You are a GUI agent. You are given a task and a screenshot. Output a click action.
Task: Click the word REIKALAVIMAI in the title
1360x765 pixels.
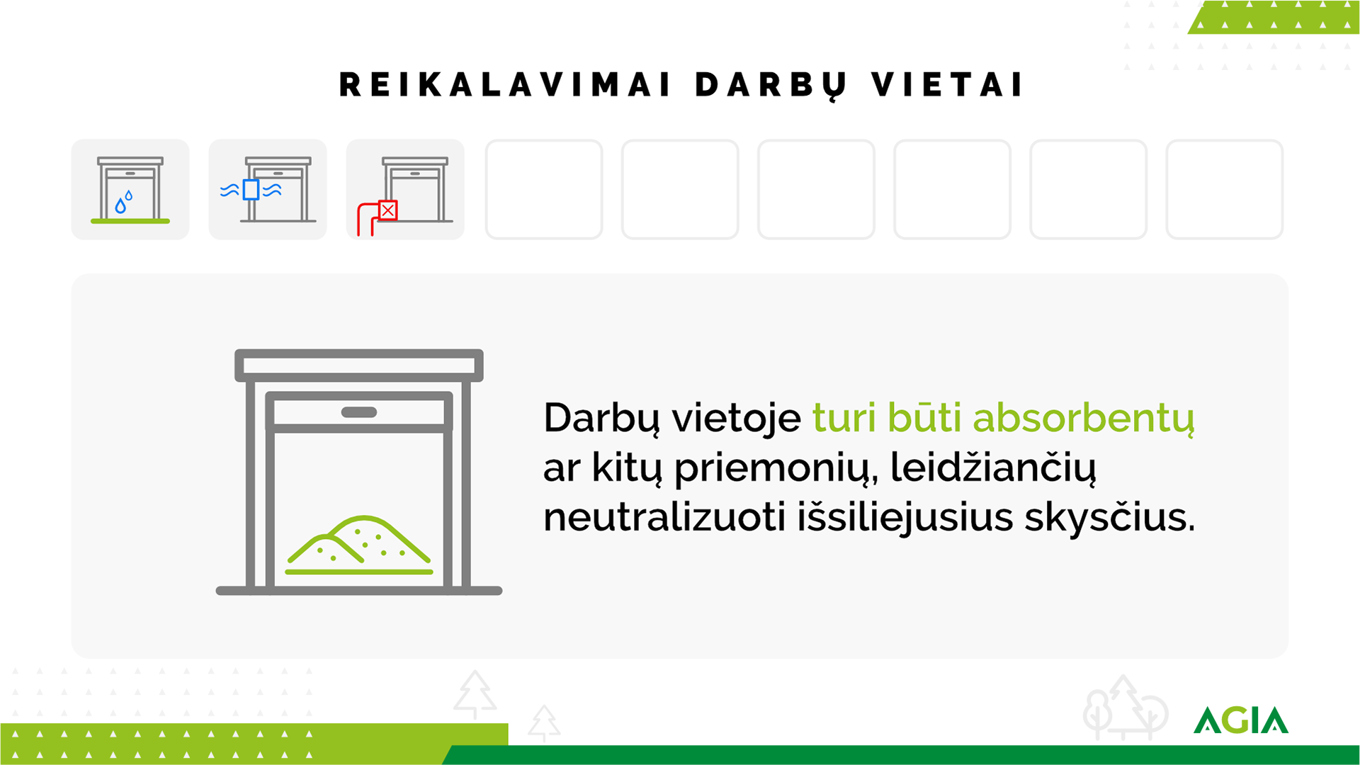(x=505, y=85)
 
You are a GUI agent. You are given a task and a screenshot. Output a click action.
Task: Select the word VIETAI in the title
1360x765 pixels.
(x=947, y=85)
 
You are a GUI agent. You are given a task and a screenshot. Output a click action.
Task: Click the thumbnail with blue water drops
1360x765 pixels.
(x=130, y=189)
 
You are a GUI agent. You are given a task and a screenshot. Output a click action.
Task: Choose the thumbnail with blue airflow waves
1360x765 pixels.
(x=268, y=189)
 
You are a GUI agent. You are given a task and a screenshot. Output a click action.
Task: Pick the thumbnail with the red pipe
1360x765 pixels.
(x=405, y=189)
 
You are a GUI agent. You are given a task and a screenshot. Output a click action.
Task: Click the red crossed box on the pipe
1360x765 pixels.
(x=388, y=210)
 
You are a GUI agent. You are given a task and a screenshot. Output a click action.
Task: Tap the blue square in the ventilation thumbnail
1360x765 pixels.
(x=251, y=190)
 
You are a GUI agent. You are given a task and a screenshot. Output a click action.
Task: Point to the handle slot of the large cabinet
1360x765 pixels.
(x=359, y=412)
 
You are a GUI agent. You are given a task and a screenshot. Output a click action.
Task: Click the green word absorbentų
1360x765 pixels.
(x=1084, y=419)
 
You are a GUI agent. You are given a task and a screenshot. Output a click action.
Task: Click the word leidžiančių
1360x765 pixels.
(x=993, y=468)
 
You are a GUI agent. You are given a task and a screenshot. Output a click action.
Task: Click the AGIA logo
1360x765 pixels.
(x=1241, y=720)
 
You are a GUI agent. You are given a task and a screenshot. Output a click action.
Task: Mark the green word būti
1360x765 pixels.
(x=924, y=418)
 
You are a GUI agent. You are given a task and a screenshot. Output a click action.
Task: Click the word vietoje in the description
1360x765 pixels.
(x=737, y=419)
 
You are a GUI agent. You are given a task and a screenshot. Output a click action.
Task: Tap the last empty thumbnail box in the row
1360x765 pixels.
(x=1224, y=189)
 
